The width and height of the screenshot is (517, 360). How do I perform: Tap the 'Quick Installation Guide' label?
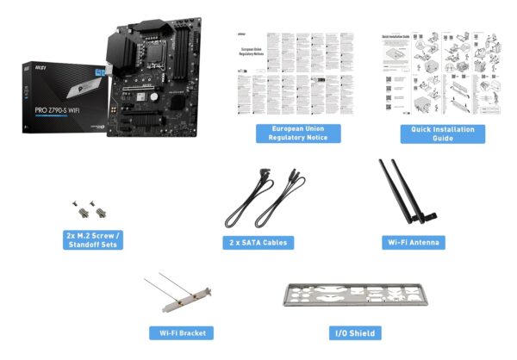coord(442,133)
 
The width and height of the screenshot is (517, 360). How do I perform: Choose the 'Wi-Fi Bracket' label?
coord(180,333)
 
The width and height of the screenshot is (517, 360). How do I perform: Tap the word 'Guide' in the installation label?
coord(442,139)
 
